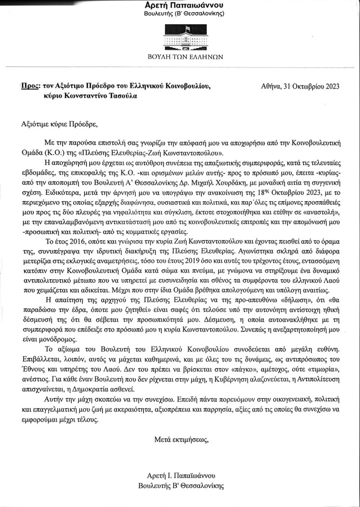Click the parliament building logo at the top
pos(185,38)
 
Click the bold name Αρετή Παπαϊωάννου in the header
pos(185,5)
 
